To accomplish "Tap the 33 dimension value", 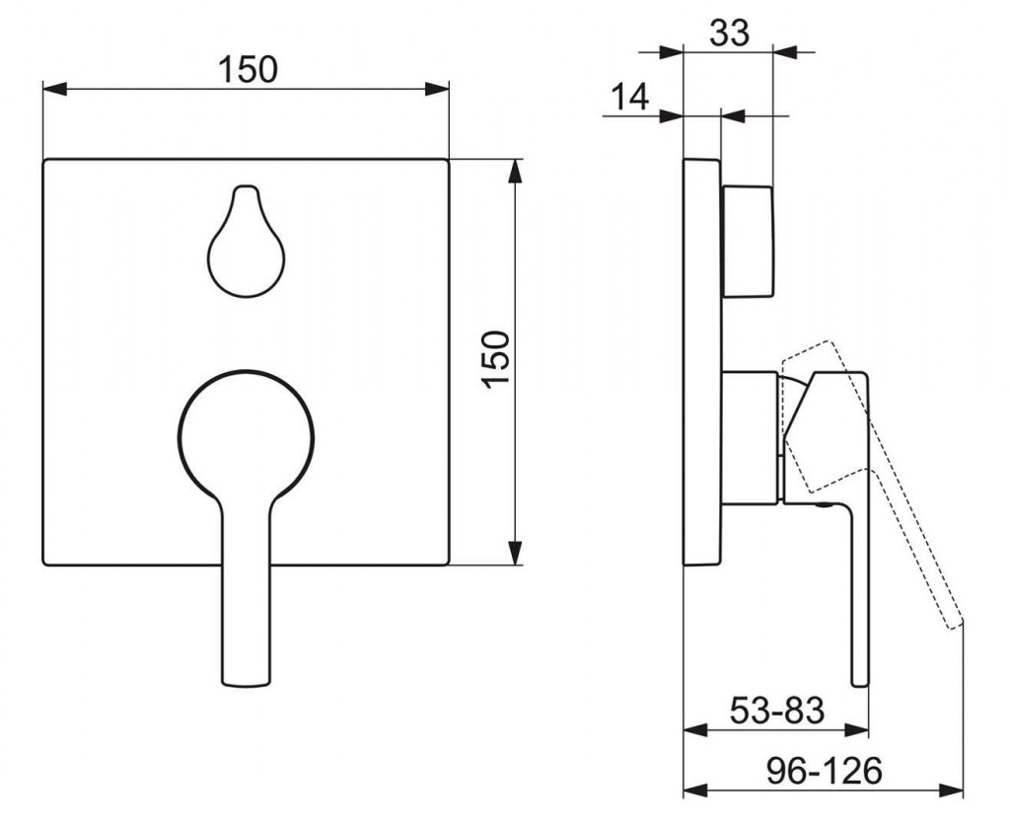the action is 730,33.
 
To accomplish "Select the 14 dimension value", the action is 629,98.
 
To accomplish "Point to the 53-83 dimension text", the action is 777,711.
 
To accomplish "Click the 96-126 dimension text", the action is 824,771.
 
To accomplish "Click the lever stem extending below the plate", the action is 246,626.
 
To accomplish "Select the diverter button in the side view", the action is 748,242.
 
